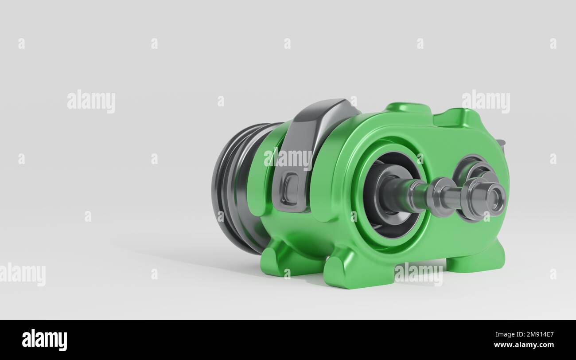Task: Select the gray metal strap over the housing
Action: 310,133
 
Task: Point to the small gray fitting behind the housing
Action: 501,144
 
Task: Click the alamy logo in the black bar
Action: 44,340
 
